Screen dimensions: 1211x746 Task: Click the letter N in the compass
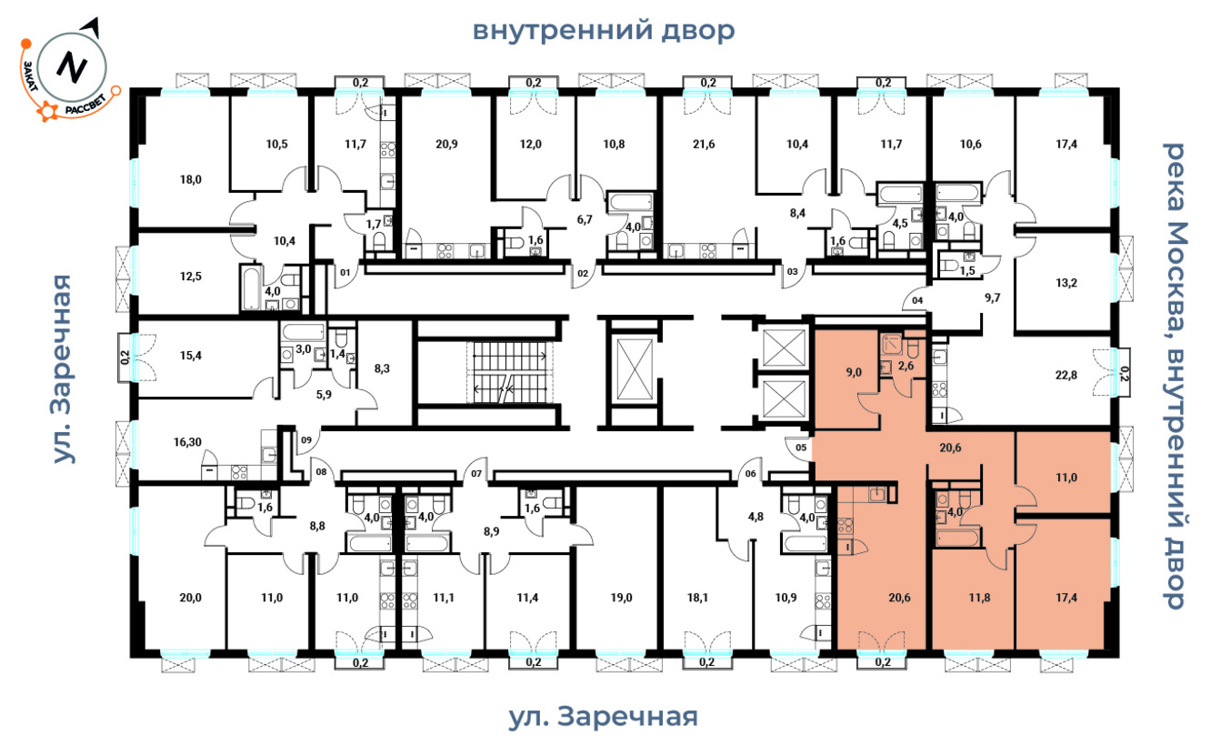(x=72, y=67)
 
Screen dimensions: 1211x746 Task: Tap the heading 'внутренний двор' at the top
(x=604, y=30)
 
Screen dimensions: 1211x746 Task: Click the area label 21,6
(x=704, y=144)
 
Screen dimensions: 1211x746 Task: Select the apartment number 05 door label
(x=801, y=448)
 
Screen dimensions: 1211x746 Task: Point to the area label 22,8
(x=1066, y=375)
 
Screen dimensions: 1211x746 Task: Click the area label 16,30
(x=187, y=442)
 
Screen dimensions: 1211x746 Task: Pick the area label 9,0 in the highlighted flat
(x=854, y=372)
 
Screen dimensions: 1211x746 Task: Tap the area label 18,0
(x=190, y=179)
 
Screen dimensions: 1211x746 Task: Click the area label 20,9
(x=446, y=144)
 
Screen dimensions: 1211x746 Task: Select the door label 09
(x=306, y=439)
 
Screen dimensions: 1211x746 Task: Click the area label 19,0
(x=621, y=598)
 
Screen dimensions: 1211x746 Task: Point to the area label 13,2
(x=1066, y=282)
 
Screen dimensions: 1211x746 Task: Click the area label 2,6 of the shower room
(x=906, y=366)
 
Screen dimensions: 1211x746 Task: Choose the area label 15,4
(x=190, y=356)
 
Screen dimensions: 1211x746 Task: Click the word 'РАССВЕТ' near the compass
(x=86, y=105)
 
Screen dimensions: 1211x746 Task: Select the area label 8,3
(x=382, y=369)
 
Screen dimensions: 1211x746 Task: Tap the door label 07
(x=475, y=474)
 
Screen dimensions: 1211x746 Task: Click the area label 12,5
(x=190, y=277)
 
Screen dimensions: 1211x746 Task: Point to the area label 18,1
(x=697, y=598)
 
